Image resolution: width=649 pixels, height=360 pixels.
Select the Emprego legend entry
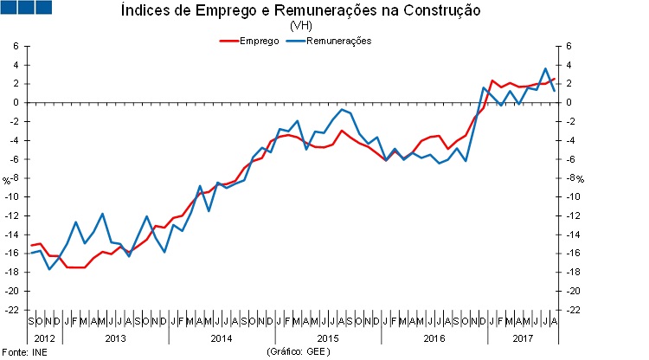click(x=258, y=41)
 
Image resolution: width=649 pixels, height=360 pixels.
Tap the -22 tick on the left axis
click(x=12, y=310)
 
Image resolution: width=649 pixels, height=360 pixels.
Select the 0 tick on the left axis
click(x=16, y=102)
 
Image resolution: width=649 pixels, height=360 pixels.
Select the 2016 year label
click(x=433, y=337)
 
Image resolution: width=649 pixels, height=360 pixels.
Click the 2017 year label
click(x=522, y=337)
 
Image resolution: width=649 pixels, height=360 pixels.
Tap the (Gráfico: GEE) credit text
click(x=299, y=352)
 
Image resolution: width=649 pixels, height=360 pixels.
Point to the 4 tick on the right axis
click(x=569, y=65)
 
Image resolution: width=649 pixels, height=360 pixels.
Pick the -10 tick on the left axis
click(x=12, y=196)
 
